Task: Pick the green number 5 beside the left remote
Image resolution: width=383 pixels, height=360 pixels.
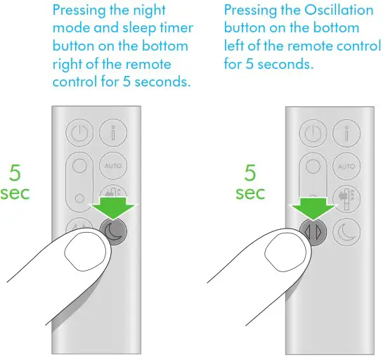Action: pos(14,173)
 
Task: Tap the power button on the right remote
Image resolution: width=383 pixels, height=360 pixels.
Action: pos(313,132)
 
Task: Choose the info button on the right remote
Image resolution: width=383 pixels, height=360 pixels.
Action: pos(346,132)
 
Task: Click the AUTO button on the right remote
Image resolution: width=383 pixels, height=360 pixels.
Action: pos(346,167)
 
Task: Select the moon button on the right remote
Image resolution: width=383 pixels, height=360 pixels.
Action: pos(346,231)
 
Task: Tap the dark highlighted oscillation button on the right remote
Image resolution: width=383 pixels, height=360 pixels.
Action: pos(313,231)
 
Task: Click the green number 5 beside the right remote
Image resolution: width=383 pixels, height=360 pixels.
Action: pos(250,173)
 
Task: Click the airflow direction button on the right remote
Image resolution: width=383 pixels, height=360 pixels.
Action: pos(346,198)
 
